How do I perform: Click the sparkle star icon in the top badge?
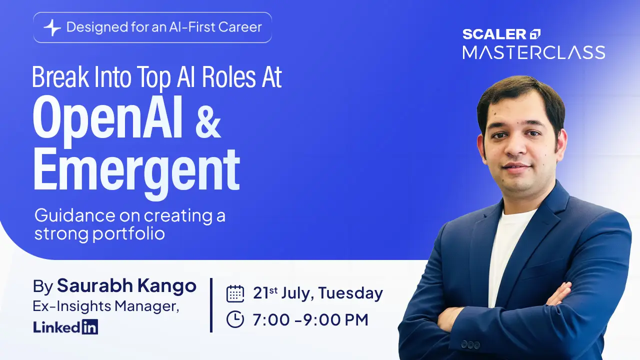tap(52, 27)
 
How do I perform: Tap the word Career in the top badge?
tap(240, 27)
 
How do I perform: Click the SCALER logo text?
tap(494, 34)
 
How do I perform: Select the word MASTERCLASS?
tap(533, 52)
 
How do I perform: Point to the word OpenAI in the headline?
tap(107, 120)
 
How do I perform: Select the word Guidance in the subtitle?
tap(75, 215)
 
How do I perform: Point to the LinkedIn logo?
tap(65, 327)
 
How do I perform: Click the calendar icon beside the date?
tap(235, 293)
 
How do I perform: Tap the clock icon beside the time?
tap(235, 319)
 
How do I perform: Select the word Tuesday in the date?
tap(350, 293)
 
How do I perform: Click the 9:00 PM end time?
tap(335, 319)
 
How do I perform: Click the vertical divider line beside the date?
tap(211, 305)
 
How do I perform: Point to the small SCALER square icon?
tap(535, 34)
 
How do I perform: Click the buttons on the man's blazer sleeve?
tap(470, 344)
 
